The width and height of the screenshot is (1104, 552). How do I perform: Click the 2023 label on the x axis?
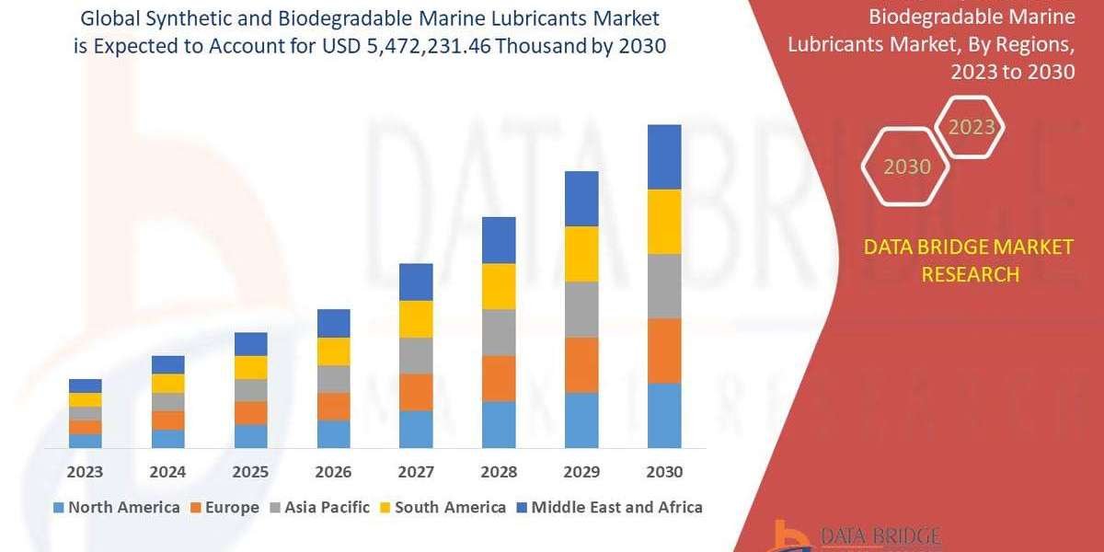click(85, 472)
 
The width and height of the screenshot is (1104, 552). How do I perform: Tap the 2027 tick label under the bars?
click(416, 472)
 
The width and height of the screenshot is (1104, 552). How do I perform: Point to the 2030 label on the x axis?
click(664, 472)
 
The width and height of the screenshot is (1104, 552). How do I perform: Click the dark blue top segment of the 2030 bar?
click(664, 156)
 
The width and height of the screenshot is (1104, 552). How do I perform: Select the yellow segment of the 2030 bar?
click(664, 222)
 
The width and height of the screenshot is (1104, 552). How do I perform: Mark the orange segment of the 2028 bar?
click(499, 378)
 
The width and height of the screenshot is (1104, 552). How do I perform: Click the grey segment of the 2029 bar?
click(581, 309)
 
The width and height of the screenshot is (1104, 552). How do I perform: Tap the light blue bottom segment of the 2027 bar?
click(416, 429)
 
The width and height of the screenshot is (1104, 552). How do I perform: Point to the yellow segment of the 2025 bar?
click(250, 367)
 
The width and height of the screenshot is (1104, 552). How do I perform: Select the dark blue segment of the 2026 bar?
click(333, 323)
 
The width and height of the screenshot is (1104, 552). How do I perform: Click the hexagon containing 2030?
click(906, 167)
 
